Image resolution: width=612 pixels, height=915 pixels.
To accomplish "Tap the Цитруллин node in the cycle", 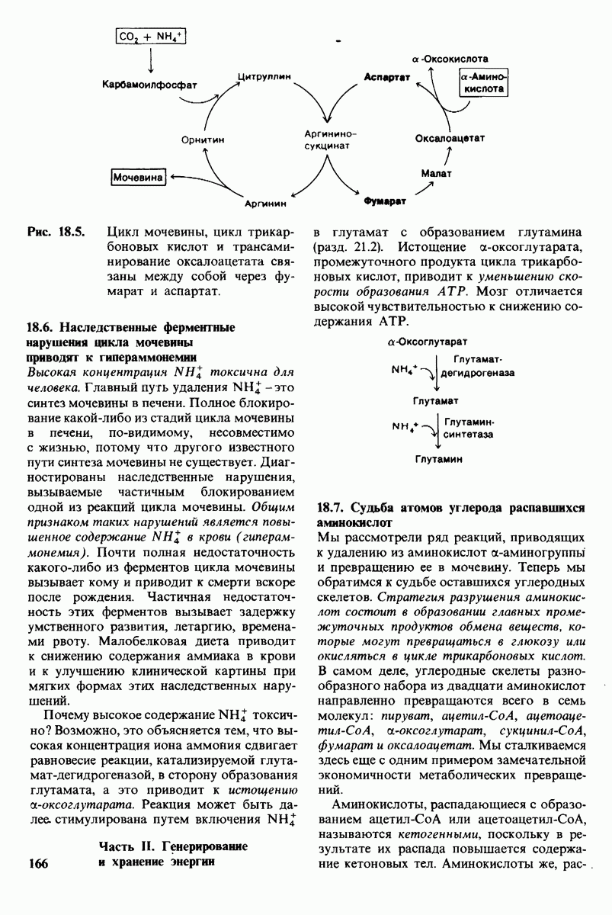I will coord(264,78).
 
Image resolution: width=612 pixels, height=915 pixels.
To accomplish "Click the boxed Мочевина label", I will coord(139,177).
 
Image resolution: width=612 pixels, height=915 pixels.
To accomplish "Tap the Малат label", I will coord(437,174).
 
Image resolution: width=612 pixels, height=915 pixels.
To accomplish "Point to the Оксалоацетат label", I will coord(450,139).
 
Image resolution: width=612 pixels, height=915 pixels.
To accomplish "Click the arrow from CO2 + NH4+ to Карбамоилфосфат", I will coord(151,59).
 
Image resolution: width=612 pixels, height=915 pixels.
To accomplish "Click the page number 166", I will coord(37,862).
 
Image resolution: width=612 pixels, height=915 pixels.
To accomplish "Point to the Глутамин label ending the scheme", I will coord(438,460).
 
